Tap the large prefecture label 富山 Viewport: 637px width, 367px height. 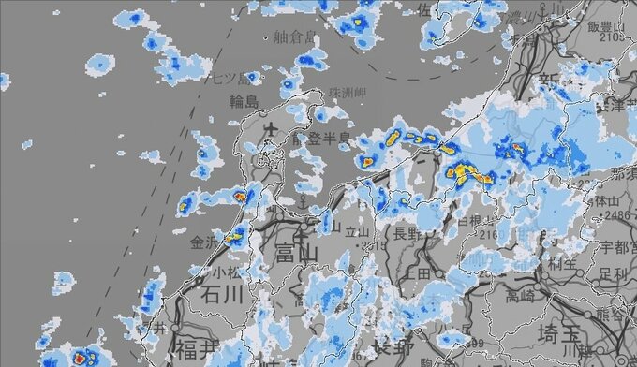(298, 253)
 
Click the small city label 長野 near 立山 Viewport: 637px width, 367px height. (407, 232)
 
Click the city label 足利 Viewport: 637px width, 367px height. (614, 273)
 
